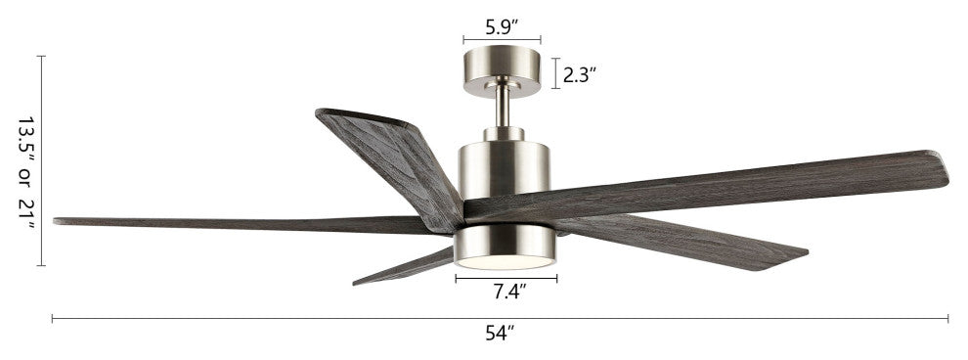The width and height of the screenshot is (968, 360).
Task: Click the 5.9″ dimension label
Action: (502, 27)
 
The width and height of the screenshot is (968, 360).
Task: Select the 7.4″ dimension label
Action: (509, 291)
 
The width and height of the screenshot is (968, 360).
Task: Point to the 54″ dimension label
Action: (500, 334)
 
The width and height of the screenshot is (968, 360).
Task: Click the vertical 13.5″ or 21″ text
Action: (26, 173)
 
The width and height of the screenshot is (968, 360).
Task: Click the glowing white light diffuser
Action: (505, 262)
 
